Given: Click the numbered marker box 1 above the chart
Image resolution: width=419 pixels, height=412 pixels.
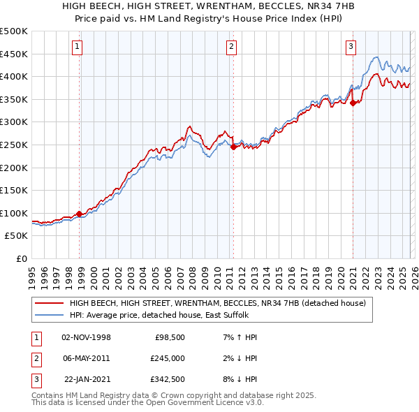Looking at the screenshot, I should (76, 47).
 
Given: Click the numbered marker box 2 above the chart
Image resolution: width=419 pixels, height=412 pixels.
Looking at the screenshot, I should (231, 47).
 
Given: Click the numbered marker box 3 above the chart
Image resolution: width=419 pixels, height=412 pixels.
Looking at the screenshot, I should (351, 47).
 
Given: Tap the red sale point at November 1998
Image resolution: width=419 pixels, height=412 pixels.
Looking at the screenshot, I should (80, 214).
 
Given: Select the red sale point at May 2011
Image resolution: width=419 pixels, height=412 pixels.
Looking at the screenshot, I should (233, 147).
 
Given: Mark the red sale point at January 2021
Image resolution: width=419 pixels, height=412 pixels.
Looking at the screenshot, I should (353, 103).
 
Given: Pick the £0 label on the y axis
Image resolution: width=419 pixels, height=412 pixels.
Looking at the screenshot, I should (22, 258).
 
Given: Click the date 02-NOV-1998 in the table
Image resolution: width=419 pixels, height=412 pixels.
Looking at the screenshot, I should (87, 337).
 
